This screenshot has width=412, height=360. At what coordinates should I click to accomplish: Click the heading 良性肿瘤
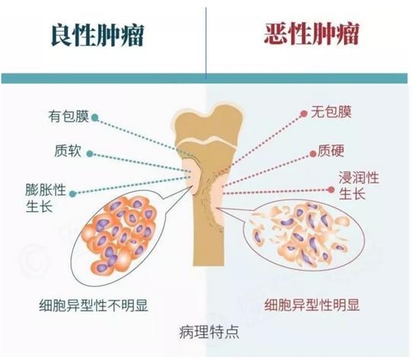coord(97,35)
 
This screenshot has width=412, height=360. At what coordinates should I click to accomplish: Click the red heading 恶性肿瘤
coord(311,34)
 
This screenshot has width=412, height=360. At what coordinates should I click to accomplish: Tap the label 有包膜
coord(69,116)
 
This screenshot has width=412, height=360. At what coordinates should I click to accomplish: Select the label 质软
coord(68,151)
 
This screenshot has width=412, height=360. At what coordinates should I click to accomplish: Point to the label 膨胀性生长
coord(46,197)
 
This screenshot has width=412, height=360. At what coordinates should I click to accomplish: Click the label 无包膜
coord(331,112)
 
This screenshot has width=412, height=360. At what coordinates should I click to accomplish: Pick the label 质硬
coord(331,151)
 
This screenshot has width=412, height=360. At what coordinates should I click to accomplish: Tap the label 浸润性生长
coord(359,186)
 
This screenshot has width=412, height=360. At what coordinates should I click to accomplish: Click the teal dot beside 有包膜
coord(95,118)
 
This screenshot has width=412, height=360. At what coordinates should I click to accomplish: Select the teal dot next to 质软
coord(90,154)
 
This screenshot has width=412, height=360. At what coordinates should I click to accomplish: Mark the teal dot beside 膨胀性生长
coord(73,194)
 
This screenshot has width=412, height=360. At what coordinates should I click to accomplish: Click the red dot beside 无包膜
coord(304,113)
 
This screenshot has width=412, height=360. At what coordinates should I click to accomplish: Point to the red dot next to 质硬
coord(313,154)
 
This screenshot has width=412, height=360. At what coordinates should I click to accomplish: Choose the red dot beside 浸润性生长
coord(331,190)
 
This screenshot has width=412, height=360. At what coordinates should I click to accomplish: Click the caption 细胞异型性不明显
coord(94,305)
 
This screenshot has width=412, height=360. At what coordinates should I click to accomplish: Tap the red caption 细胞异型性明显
coord(312,305)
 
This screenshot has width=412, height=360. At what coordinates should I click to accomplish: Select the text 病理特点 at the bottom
coord(209,333)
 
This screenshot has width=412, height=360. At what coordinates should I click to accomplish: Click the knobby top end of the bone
coord(209,123)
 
